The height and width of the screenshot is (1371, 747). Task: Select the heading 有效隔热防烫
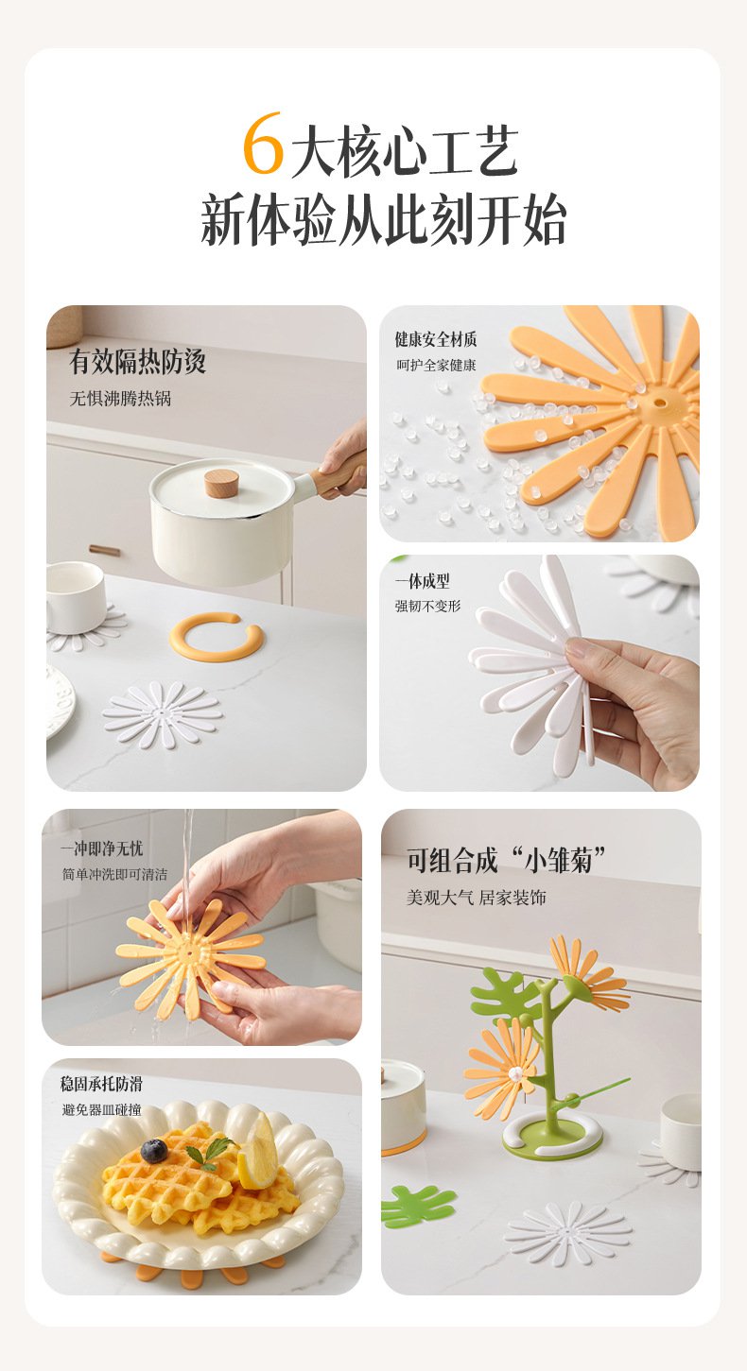click(x=137, y=361)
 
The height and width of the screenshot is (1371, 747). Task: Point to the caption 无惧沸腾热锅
click(x=121, y=399)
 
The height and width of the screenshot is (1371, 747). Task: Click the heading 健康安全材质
click(x=435, y=339)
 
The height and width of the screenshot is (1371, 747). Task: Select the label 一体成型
click(x=423, y=581)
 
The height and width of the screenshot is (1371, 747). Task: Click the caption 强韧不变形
click(x=427, y=606)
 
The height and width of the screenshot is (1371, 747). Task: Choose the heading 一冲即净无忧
click(x=101, y=848)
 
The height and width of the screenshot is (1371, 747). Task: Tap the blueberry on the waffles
click(x=154, y=1151)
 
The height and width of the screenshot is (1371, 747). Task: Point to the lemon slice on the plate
click(x=257, y=1150)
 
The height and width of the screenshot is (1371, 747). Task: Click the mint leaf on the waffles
click(x=210, y=1152)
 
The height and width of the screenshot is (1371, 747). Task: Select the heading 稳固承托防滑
click(x=101, y=1084)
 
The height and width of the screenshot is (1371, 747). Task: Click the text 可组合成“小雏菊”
click(x=506, y=861)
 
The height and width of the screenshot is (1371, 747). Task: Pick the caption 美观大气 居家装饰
click(x=477, y=898)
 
